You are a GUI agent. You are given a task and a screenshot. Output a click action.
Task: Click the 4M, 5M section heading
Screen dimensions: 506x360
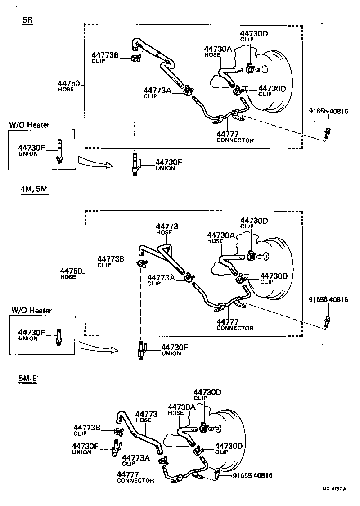[x=34, y=190]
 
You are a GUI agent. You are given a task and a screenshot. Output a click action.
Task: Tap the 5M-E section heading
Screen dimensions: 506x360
[x=28, y=379]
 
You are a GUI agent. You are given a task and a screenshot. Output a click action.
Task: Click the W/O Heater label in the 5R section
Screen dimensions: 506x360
[x=29, y=125]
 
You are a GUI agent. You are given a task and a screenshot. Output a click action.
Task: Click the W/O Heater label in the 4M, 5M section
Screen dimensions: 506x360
[x=31, y=310]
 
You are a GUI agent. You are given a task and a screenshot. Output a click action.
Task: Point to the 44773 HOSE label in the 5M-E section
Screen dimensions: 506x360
[x=146, y=416]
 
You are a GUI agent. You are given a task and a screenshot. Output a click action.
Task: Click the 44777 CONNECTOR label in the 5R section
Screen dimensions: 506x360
[x=235, y=137]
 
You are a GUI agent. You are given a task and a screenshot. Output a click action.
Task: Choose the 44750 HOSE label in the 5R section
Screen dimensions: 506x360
[x=68, y=86]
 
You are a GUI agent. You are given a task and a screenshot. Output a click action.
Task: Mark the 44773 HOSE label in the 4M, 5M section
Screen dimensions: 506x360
[x=166, y=229]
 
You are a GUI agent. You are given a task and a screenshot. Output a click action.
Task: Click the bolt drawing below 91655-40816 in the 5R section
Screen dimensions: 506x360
[x=327, y=134]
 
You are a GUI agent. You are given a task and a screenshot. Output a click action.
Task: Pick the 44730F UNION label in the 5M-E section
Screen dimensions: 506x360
[x=85, y=448]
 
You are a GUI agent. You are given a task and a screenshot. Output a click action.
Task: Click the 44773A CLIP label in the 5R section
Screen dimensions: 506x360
[x=157, y=92]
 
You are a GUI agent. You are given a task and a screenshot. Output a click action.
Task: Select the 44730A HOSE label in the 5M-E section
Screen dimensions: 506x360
[x=181, y=409]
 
